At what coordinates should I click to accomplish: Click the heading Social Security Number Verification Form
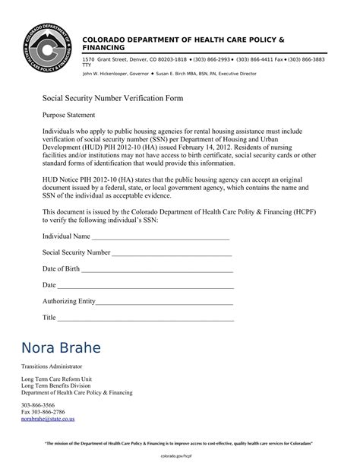[112, 99]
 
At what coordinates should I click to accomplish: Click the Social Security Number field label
[76, 252]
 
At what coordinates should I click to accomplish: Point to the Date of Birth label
[61, 269]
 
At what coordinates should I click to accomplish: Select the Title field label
[49, 317]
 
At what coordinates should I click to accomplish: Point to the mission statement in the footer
[179, 443]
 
